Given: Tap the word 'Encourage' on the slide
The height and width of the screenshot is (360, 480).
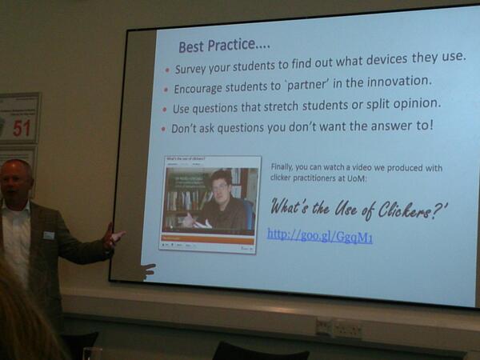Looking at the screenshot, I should (204, 89).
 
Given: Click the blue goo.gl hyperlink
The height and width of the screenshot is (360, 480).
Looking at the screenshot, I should (320, 235).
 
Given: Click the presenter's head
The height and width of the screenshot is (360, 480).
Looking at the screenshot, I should (16, 181).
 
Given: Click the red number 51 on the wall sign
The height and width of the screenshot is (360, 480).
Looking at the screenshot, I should (22, 127).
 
